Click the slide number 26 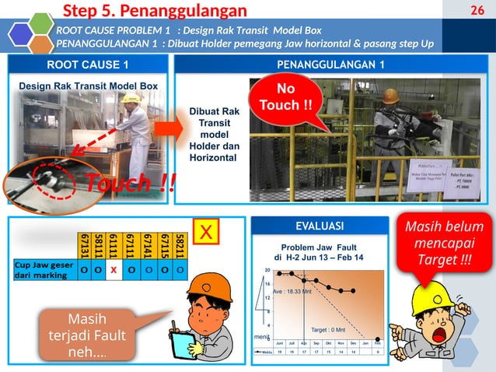[x=477, y=10]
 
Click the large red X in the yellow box [x=206, y=233]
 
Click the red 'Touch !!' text [x=129, y=184]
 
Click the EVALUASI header [x=320, y=226]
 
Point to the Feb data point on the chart [x=378, y=339]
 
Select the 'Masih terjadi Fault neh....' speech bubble [x=77, y=335]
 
